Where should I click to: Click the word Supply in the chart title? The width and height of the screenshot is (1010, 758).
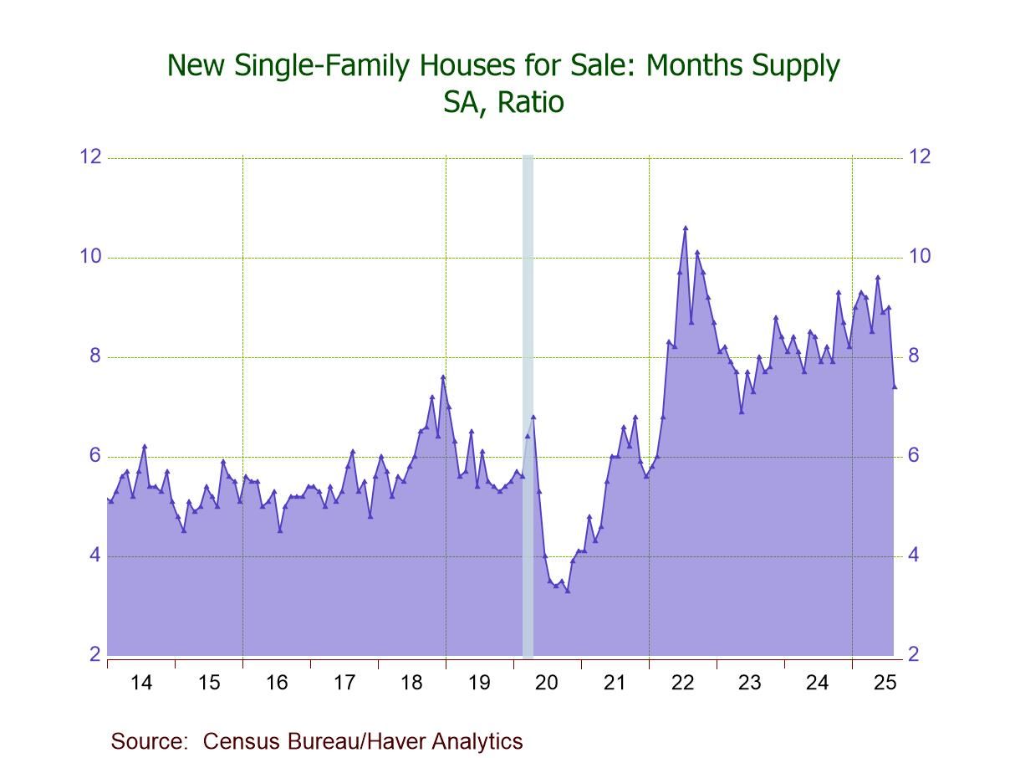pyautogui.click(x=792, y=65)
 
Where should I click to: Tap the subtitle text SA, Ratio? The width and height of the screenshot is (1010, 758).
pyautogui.click(x=504, y=103)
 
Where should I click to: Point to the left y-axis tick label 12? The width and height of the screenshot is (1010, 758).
pyautogui.click(x=89, y=157)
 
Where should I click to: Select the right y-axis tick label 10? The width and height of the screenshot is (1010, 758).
pyautogui.click(x=920, y=257)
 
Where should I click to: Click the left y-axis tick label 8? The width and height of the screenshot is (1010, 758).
pyautogui.click(x=94, y=356)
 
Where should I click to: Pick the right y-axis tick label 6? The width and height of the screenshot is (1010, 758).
pyautogui.click(x=914, y=456)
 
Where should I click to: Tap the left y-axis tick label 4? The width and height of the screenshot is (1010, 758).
pyautogui.click(x=94, y=556)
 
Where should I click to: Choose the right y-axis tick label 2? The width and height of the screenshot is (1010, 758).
pyautogui.click(x=914, y=655)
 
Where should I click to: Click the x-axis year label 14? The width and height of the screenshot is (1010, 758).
pyautogui.click(x=141, y=683)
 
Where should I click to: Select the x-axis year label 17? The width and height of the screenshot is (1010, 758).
pyautogui.click(x=344, y=683)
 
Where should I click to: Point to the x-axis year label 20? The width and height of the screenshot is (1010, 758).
pyautogui.click(x=547, y=683)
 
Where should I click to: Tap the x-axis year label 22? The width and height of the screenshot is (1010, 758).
pyautogui.click(x=682, y=683)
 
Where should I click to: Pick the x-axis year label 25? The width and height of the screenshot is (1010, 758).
pyautogui.click(x=885, y=683)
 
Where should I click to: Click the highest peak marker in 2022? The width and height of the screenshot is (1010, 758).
pyautogui.click(x=686, y=228)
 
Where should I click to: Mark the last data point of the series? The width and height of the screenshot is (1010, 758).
pyautogui.click(x=895, y=387)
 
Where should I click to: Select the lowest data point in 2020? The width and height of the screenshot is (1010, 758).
pyautogui.click(x=568, y=591)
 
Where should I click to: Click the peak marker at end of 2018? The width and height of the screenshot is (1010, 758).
pyautogui.click(x=443, y=376)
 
